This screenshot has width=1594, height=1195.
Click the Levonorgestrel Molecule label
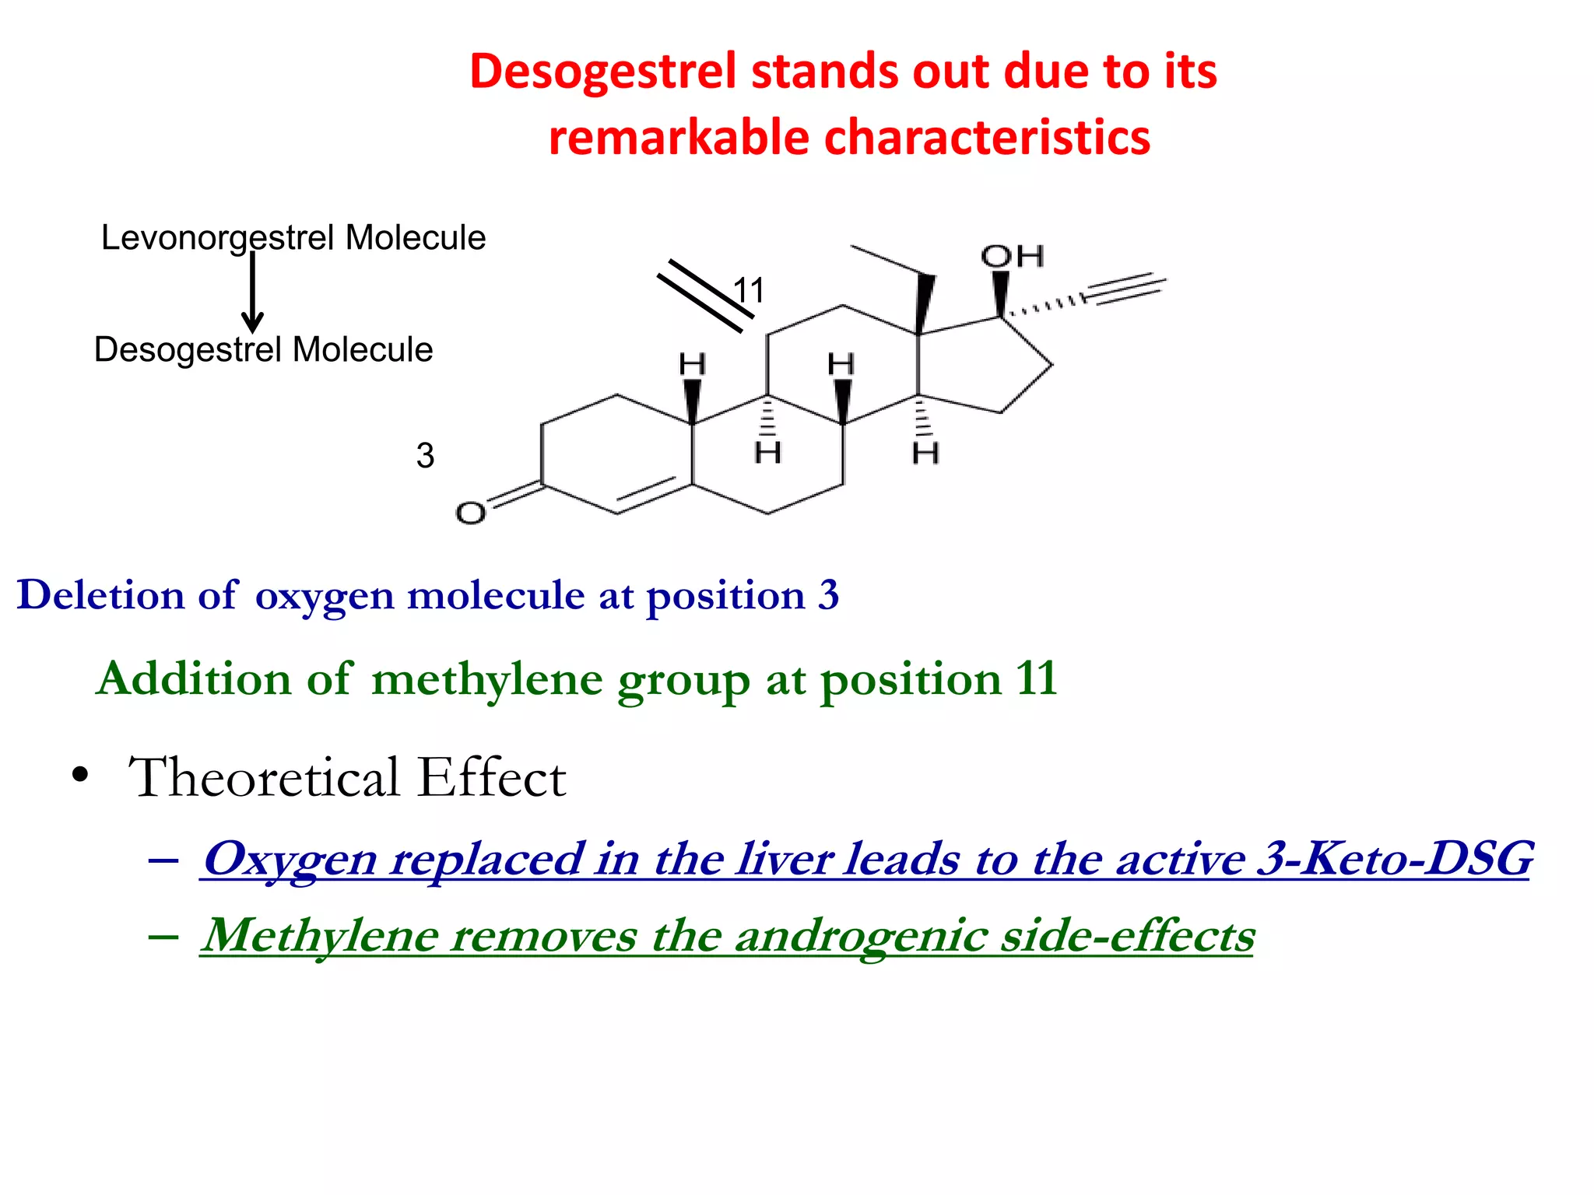click(293, 238)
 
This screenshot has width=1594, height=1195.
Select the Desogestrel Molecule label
click(263, 349)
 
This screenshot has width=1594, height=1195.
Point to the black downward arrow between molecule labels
click(252, 292)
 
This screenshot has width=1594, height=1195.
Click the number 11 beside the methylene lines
click(749, 291)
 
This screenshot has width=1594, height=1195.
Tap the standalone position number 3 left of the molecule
click(425, 456)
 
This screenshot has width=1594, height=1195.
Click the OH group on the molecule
click(1012, 256)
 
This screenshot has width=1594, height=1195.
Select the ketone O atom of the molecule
click(470, 513)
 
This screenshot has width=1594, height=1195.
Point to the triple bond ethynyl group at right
click(1125, 288)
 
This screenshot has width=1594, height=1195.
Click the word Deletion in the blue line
click(100, 595)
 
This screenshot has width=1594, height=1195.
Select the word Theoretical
click(264, 777)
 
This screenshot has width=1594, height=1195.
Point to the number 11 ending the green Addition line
click(1036, 678)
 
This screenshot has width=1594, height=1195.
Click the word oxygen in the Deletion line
click(325, 597)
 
